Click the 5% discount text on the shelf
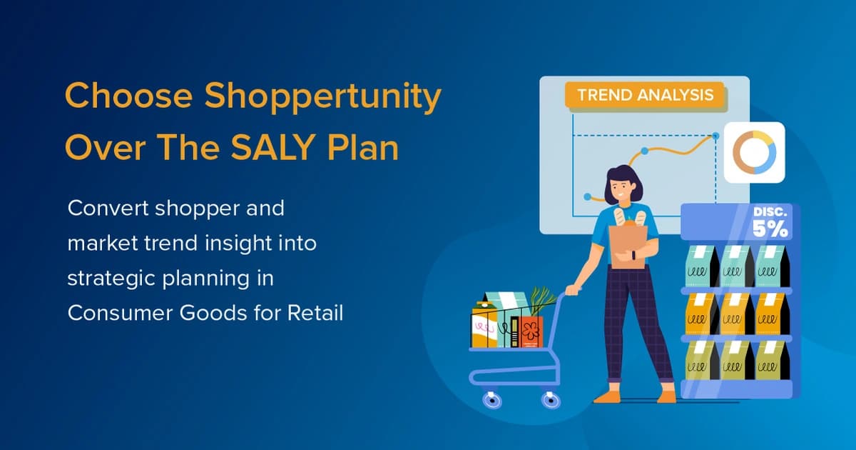click(x=770, y=228)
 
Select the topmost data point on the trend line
click(x=715, y=134)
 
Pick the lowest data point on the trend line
click(x=587, y=196)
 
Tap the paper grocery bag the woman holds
click(x=628, y=243)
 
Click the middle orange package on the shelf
click(x=735, y=313)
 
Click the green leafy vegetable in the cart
click(x=542, y=300)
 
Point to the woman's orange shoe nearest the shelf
click(x=666, y=396)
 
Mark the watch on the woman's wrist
click(x=633, y=254)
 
